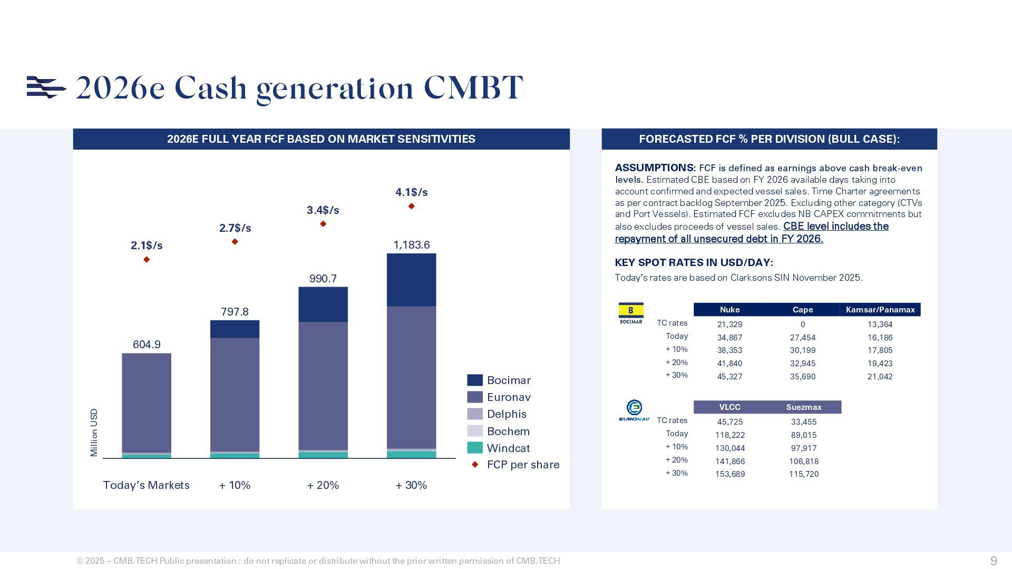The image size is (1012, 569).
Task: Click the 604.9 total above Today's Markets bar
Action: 147,345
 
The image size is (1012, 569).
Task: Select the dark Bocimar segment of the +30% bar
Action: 411,280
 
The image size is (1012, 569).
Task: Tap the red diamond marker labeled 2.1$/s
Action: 147,259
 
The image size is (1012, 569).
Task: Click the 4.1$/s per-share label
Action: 411,192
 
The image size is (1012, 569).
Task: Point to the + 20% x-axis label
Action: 323,485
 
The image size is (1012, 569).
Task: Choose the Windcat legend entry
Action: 508,448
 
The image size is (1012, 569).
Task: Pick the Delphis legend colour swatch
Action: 474,414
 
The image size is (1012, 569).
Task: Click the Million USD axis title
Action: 94,433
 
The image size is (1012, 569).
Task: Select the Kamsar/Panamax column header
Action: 880,310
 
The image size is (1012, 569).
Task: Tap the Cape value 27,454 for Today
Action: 802,338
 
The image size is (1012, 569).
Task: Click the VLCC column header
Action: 729,407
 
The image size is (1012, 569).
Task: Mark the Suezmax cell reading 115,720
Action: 803,474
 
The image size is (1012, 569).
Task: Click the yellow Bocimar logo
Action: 630,313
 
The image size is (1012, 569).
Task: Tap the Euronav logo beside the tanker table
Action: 634,410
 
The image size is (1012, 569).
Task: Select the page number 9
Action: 994,561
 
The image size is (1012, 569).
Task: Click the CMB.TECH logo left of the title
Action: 46,87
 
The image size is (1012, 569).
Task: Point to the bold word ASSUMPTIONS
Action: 655,168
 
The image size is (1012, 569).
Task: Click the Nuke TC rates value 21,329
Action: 729,325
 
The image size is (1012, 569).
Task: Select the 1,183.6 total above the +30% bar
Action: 411,245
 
